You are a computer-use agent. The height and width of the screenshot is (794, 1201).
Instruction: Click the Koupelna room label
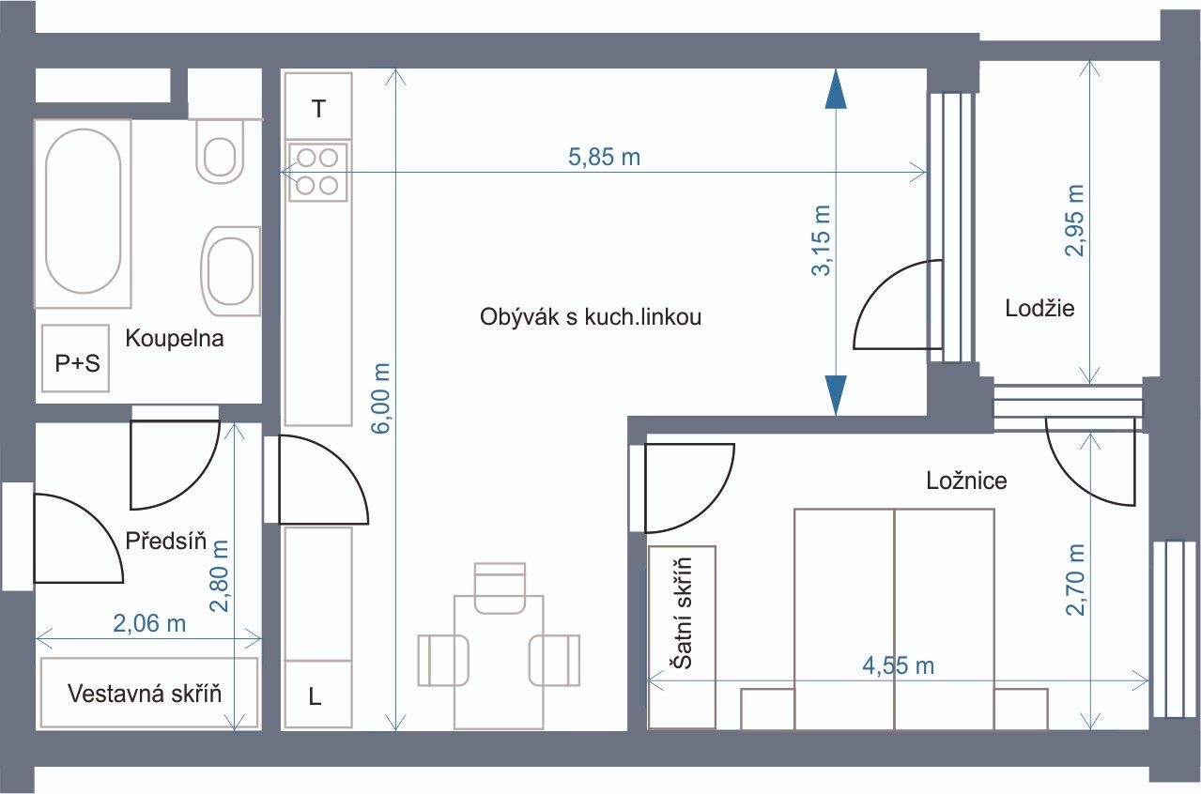[x=175, y=339]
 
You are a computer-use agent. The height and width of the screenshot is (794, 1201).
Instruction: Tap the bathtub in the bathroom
[x=84, y=214]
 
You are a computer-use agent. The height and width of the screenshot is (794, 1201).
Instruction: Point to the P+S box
[x=76, y=358]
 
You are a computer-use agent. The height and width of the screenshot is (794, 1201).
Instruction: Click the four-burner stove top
[x=317, y=172]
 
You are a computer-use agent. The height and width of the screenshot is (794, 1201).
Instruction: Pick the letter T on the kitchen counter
[x=318, y=109]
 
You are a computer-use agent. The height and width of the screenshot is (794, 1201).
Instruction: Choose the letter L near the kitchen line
[x=315, y=696]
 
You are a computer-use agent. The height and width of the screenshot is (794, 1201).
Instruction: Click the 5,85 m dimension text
[x=604, y=157]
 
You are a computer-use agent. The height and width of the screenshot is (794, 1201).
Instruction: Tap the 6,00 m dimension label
[x=381, y=399]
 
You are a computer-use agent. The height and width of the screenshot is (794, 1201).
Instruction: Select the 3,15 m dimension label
[x=822, y=240]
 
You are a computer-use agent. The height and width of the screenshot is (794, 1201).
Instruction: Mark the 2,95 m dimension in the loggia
[x=1075, y=221]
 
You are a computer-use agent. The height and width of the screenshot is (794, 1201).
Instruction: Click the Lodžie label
[x=1039, y=309]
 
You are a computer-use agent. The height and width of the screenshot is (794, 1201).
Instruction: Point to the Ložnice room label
[x=966, y=481]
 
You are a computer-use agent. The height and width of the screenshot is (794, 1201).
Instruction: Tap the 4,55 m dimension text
[x=899, y=666]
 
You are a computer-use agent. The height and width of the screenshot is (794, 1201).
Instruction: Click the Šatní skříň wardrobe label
[x=682, y=614]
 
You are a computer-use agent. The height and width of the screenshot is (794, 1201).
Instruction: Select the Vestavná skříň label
[x=145, y=694]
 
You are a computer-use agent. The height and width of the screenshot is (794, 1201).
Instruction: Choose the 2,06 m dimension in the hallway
[x=149, y=623]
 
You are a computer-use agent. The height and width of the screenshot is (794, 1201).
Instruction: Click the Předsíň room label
[x=165, y=541]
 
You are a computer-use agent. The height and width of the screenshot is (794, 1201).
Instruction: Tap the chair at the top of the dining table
[x=500, y=588]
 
